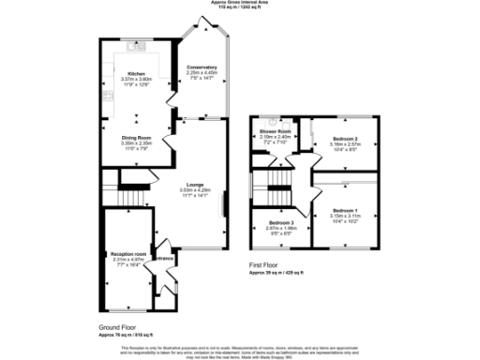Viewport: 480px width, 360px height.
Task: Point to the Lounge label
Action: coord(195,184)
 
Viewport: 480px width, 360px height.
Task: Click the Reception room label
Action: coord(127,253)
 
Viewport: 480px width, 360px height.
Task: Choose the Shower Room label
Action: coord(276,131)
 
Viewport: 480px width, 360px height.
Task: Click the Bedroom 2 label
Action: coord(345,139)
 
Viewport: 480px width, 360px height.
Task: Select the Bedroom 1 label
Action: coord(345,210)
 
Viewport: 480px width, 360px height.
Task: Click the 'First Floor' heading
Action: coord(266,267)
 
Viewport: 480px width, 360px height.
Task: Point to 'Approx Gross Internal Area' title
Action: coord(240,3)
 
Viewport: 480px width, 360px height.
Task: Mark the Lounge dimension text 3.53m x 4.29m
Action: coord(195,190)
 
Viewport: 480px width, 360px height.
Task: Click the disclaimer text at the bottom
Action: coord(240,350)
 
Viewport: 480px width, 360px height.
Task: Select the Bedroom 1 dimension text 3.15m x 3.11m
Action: coord(345,216)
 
